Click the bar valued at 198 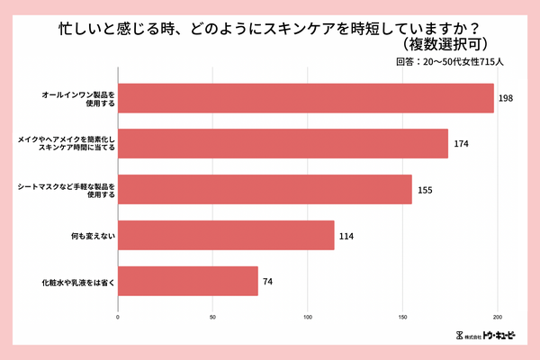click(x=306, y=98)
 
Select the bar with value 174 click(x=283, y=144)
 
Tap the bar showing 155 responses click(x=265, y=190)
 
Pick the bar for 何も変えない click(x=226, y=236)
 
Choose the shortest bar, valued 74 click(x=188, y=282)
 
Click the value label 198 click(x=506, y=98)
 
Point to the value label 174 click(x=462, y=144)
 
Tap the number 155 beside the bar click(x=426, y=190)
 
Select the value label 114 click(x=347, y=236)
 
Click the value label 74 click(x=267, y=282)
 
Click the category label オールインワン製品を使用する click(x=78, y=98)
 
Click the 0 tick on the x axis click(x=119, y=317)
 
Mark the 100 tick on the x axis click(x=308, y=317)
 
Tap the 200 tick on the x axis click(x=498, y=317)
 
